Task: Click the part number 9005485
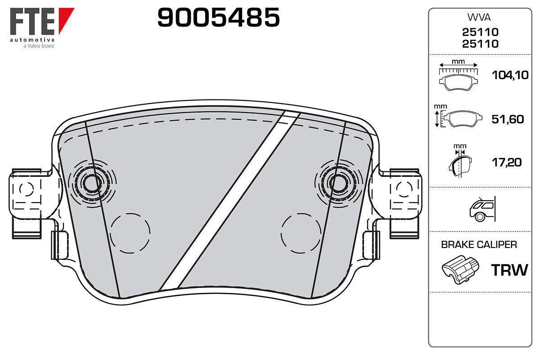[218, 17]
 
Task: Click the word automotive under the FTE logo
[32, 40]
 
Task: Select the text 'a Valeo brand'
[39, 46]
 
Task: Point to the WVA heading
[479, 18]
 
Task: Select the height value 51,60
[508, 119]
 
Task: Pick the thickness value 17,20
[507, 162]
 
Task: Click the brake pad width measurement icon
[458, 76]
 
